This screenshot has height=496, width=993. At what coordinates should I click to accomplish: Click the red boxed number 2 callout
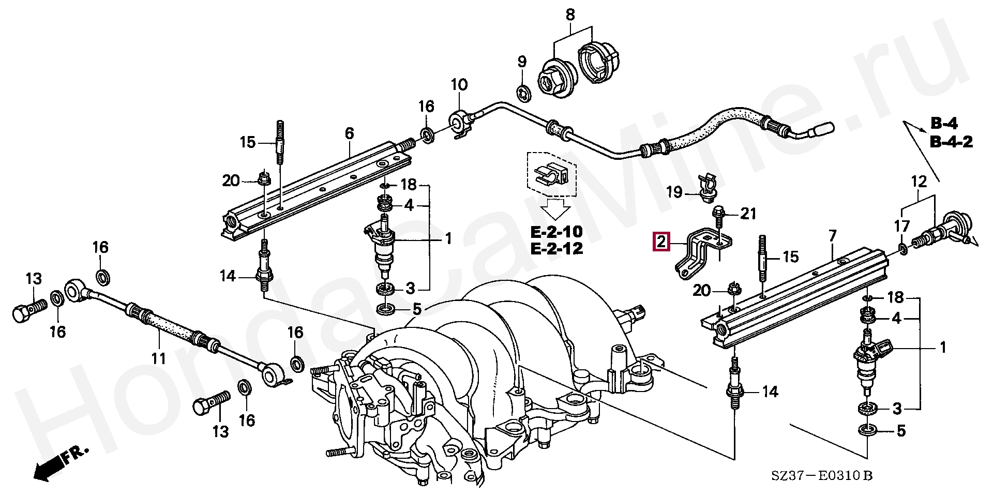[x=662, y=242]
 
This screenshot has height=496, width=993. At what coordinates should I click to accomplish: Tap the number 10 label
[x=459, y=84]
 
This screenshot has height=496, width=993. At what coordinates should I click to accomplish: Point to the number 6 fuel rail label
[x=350, y=133]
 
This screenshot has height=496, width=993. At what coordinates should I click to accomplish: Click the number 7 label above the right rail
[x=832, y=237]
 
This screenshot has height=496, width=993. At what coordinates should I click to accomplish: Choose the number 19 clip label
[x=674, y=193]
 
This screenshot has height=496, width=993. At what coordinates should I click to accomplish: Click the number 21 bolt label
[x=748, y=213]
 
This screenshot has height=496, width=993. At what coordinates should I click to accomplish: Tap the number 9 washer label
[x=522, y=63]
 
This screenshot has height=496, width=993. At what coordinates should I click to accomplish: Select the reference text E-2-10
[x=556, y=231]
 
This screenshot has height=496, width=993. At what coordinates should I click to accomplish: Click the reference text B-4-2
[x=952, y=142]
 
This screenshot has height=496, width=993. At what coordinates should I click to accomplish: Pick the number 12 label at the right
[x=918, y=182]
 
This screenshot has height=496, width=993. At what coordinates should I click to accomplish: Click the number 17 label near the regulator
[x=902, y=226]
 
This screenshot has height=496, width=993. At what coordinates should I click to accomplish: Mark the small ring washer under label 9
[x=522, y=93]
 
